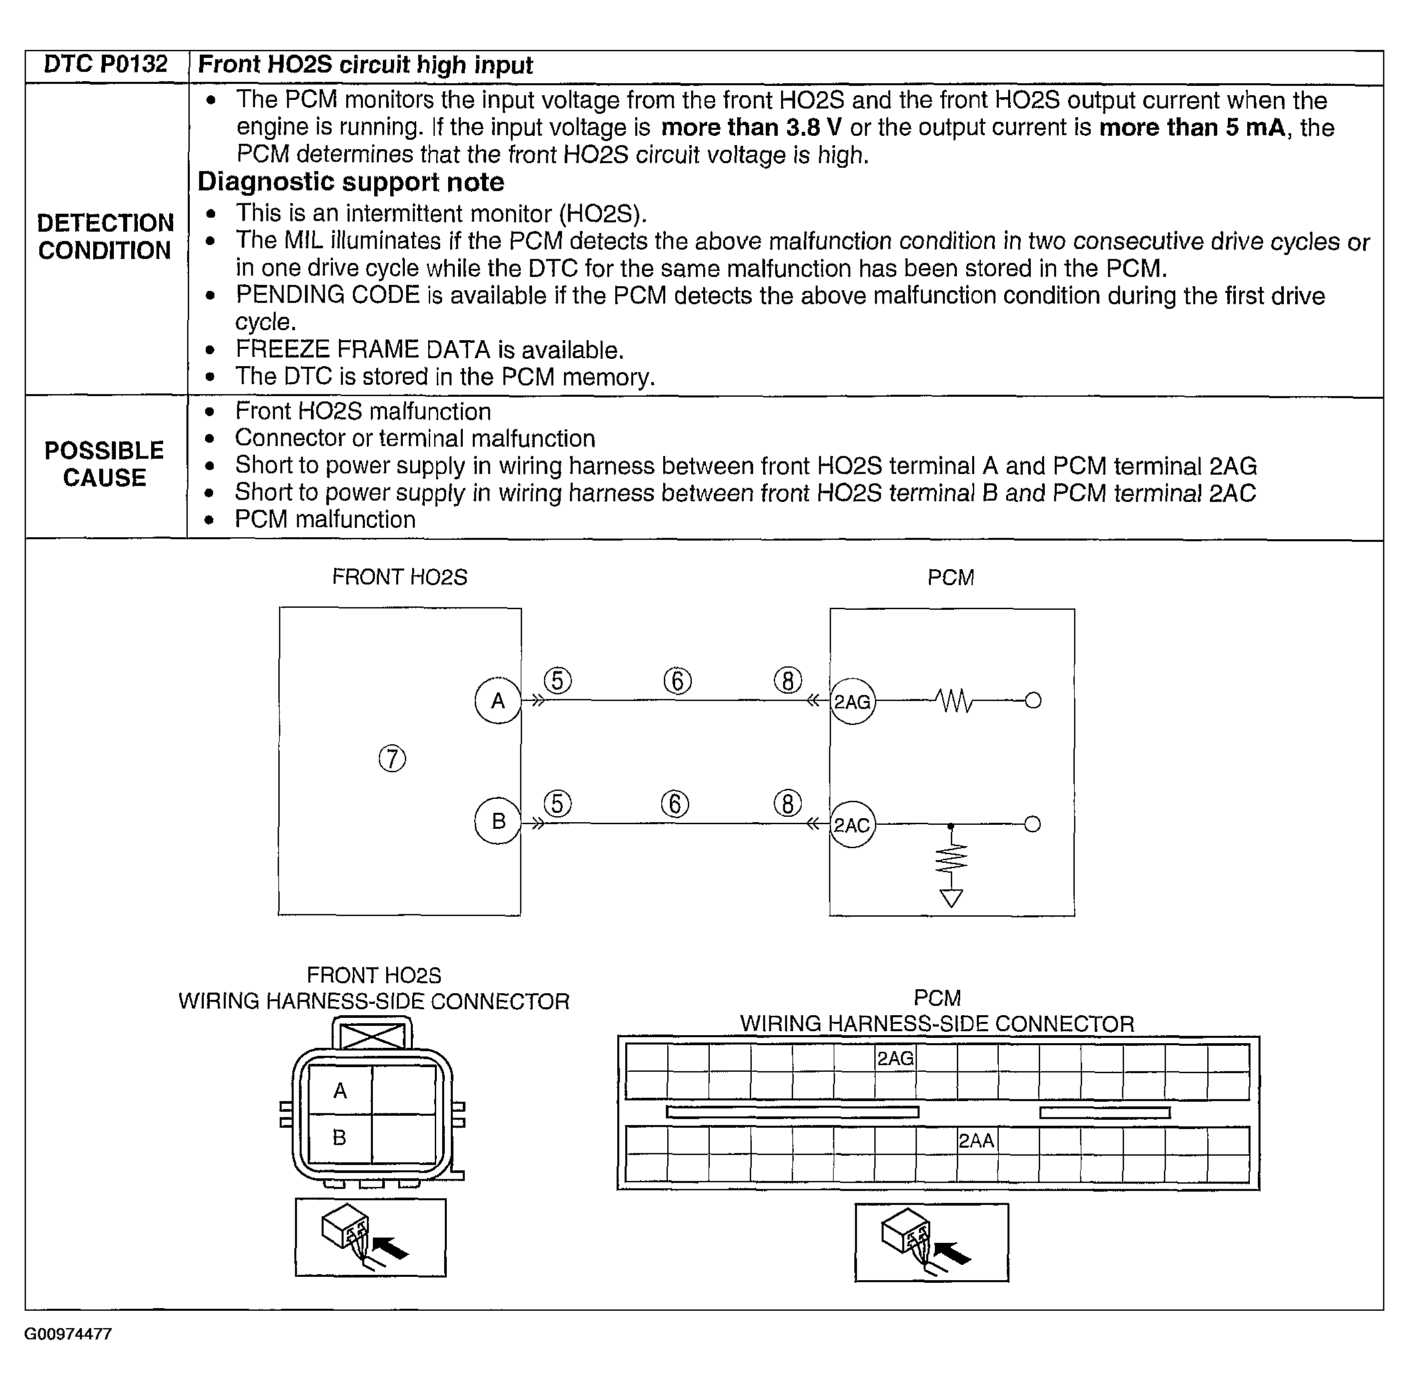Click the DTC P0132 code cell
[x=106, y=65]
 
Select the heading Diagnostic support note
[x=351, y=182]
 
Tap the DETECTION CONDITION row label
[x=105, y=237]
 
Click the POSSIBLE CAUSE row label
[x=105, y=465]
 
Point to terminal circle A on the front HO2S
[x=497, y=701]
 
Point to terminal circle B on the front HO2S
[x=497, y=821]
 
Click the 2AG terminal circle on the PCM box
[x=852, y=702]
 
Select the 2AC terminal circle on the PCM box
[x=852, y=825]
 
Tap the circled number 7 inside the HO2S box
[x=392, y=758]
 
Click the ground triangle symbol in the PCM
[x=951, y=899]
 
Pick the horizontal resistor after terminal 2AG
[x=954, y=702]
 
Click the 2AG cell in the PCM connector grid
[x=895, y=1058]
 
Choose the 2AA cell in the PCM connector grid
[x=977, y=1140]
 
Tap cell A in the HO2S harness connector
[x=340, y=1091]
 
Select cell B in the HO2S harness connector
[x=340, y=1138]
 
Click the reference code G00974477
[x=68, y=1335]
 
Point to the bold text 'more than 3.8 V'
[x=751, y=128]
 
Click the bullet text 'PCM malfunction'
[x=325, y=520]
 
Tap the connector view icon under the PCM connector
[x=932, y=1243]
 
